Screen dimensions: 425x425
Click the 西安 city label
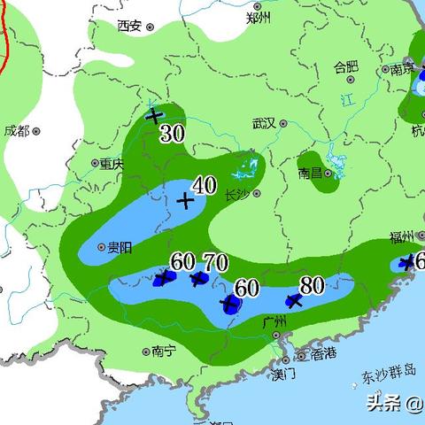pyautogui.click(x=129, y=26)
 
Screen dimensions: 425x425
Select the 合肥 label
pyautogui.click(x=345, y=66)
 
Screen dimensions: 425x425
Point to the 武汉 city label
pyautogui.click(x=265, y=123)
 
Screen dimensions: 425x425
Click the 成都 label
pyautogui.click(x=17, y=130)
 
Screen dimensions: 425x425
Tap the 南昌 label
pyautogui.click(x=310, y=174)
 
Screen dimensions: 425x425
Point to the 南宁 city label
pyautogui.click(x=164, y=351)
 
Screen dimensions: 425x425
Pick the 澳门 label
pyautogui.click(x=283, y=374)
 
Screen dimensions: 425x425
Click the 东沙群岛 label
pyautogui.click(x=389, y=375)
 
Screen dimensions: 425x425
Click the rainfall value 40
pyautogui.click(x=205, y=185)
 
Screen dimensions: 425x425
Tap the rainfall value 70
pyautogui.click(x=216, y=262)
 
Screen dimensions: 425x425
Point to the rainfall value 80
pyautogui.click(x=311, y=285)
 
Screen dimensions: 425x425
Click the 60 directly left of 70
pyautogui.click(x=182, y=261)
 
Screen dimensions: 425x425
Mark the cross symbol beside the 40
pyautogui.click(x=185, y=201)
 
